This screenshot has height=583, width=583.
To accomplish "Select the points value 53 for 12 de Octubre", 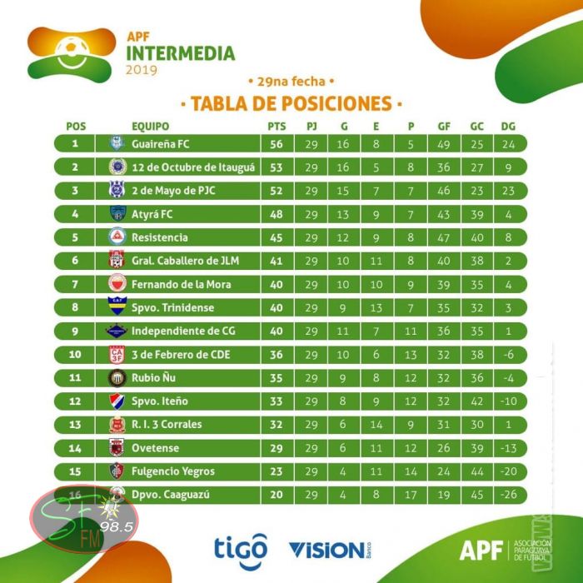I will click(x=277, y=167).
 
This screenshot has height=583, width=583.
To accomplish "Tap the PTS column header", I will click(x=277, y=127).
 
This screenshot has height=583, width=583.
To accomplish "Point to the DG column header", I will click(x=509, y=127).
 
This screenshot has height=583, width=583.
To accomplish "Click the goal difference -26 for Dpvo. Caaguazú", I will click(x=509, y=494).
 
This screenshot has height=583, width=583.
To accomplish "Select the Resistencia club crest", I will click(x=117, y=237).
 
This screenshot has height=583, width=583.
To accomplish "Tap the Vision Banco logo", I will click(x=330, y=549).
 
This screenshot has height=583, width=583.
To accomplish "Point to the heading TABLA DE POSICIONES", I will click(x=291, y=104).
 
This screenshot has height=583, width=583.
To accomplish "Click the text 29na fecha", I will click(x=291, y=82).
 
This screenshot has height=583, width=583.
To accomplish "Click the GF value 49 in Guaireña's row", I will click(x=444, y=144).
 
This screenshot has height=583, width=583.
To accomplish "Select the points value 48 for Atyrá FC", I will click(x=277, y=214).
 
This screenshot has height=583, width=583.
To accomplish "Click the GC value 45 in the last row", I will click(x=477, y=494).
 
